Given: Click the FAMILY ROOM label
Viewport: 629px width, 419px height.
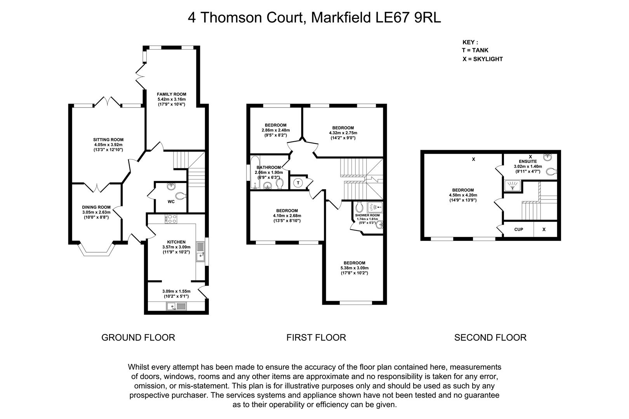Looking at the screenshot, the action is pyautogui.click(x=171, y=94).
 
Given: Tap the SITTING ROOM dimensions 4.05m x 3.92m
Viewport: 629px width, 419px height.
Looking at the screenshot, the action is pyautogui.click(x=108, y=145).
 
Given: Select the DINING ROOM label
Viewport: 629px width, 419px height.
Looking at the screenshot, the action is pyautogui.click(x=96, y=208).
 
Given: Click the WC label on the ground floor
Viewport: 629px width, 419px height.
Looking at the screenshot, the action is pyautogui.click(x=171, y=201).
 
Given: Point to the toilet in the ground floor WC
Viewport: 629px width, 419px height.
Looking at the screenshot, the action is pyautogui.click(x=181, y=196).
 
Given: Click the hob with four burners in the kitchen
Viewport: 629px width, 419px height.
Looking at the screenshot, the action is pyautogui.click(x=171, y=219).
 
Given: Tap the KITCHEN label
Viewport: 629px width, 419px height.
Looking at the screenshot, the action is pyautogui.click(x=176, y=242).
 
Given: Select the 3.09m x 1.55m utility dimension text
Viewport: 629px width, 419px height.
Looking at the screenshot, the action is pyautogui.click(x=176, y=291).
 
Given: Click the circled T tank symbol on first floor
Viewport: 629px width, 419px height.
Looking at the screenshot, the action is pyautogui.click(x=298, y=183).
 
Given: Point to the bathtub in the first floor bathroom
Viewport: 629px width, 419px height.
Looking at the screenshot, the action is pyautogui.click(x=255, y=172).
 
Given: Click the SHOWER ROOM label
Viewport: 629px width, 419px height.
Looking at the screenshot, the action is pyautogui.click(x=367, y=216).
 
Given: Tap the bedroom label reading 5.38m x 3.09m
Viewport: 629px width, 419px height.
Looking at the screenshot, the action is pyautogui.click(x=354, y=268).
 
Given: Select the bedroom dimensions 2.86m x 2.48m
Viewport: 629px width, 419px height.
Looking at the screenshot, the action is pyautogui.click(x=276, y=130).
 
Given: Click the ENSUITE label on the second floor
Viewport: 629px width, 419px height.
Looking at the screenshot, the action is pyautogui.click(x=528, y=162).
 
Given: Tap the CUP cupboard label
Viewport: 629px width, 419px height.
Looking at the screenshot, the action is pyautogui.click(x=519, y=230).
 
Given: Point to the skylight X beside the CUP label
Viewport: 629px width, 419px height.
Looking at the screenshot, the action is pyautogui.click(x=544, y=230).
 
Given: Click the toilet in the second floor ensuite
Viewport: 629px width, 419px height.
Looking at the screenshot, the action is pyautogui.click(x=551, y=171).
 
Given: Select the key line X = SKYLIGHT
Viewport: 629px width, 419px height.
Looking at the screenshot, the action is pyautogui.click(x=483, y=59).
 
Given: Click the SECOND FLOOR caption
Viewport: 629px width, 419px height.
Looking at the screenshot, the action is pyautogui.click(x=490, y=337).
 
